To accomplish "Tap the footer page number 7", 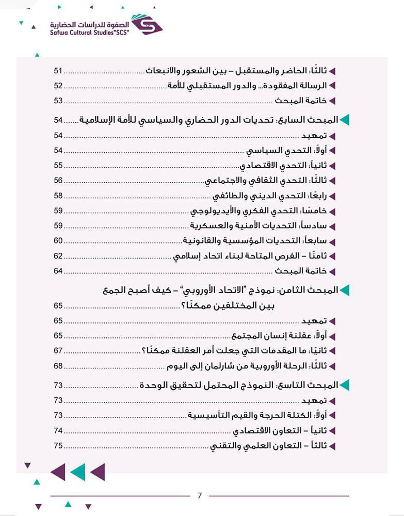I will click(x=200, y=496).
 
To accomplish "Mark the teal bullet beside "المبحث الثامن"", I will click(x=344, y=291).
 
